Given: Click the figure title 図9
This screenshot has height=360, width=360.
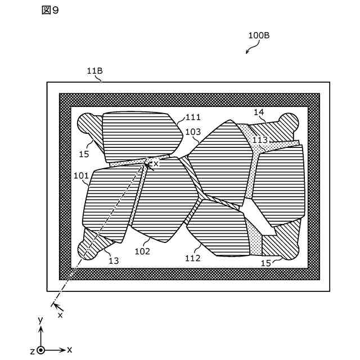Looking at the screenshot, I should [50, 11].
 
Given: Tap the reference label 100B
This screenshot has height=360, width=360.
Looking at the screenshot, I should [259, 35].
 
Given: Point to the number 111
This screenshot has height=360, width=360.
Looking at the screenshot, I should [193, 117].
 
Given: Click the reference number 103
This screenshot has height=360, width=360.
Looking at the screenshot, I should [193, 132].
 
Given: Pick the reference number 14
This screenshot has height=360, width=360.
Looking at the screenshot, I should [258, 112].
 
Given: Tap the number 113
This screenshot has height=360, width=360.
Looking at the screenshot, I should [260, 140].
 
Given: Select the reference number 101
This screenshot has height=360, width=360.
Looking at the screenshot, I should [81, 175].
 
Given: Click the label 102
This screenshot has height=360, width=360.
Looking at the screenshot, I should [142, 251].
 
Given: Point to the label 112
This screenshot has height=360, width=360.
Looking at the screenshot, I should [192, 258].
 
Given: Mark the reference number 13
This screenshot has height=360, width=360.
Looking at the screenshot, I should [114, 260].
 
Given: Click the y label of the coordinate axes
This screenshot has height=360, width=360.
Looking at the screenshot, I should [40, 319].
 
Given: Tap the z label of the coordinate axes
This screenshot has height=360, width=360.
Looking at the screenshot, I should [33, 350].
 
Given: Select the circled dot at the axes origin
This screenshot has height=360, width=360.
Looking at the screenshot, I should [40, 350].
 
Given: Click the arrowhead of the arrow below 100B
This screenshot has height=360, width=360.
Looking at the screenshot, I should [247, 53].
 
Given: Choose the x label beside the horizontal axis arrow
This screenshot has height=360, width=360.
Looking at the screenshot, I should [69, 350].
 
